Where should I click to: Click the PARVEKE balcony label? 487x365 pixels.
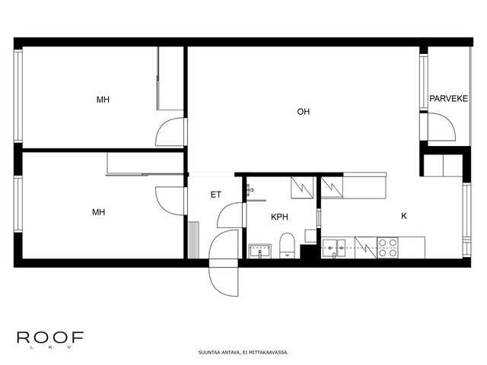pyautogui.click(x=448, y=99)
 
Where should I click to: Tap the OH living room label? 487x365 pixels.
pyautogui.click(x=304, y=112)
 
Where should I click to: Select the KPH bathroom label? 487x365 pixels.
pyautogui.click(x=279, y=217)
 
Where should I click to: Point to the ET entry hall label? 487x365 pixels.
pyautogui.click(x=216, y=195)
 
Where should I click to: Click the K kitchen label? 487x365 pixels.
pyautogui.click(x=404, y=216)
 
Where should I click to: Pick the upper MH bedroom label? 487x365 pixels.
pyautogui.click(x=103, y=100)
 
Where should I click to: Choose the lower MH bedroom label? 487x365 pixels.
pyautogui.click(x=98, y=212)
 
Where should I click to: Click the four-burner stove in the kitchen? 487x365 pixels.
pyautogui.click(x=387, y=248)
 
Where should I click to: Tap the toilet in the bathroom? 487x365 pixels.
pyautogui.click(x=287, y=246)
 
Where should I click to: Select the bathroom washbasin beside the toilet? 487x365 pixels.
pyautogui.click(x=260, y=251)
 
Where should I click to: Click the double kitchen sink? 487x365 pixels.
pyautogui.click(x=334, y=248)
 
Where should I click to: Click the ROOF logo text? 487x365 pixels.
pyautogui.click(x=50, y=338)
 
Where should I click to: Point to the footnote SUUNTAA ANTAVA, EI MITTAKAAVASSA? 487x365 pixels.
pyautogui.click(x=243, y=353)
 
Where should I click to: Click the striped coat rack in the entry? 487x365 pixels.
pyautogui.click(x=193, y=240)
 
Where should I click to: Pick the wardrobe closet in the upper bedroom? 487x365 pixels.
pyautogui.click(x=170, y=78)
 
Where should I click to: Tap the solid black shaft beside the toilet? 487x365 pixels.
pyautogui.click(x=307, y=252)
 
